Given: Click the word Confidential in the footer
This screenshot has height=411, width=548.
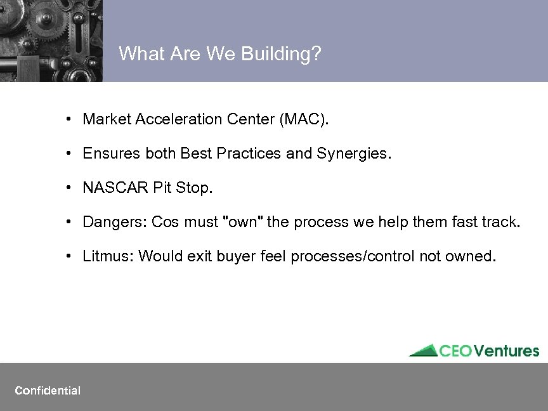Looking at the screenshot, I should coord(48,391).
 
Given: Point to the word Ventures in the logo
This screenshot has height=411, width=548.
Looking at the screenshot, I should coord(507,351).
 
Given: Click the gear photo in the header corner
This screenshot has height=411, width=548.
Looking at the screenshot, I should coord(51,41).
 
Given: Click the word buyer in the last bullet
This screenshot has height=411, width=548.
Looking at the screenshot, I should coord(233,256).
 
